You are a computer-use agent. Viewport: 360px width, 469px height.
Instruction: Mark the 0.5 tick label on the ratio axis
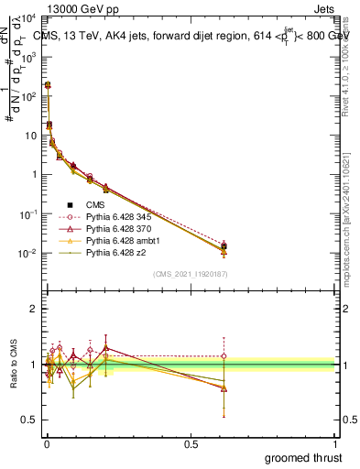click(x=29, y=420)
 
